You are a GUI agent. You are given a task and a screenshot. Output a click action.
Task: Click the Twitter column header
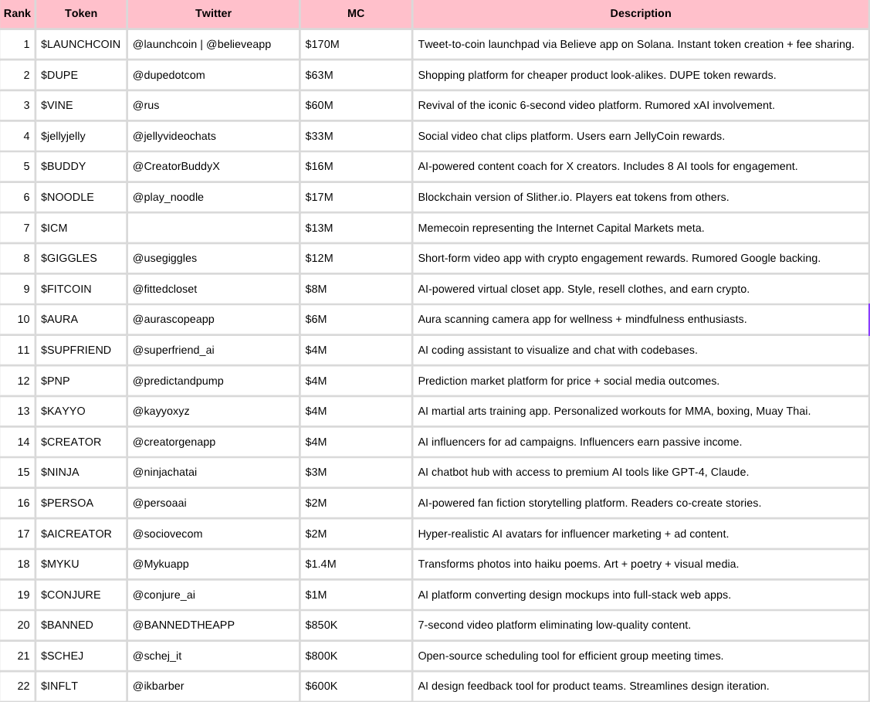(213, 13)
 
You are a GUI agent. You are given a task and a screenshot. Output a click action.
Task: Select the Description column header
(640, 13)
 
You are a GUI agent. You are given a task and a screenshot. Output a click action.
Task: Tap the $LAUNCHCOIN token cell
(80, 44)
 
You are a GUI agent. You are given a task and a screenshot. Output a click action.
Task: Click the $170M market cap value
(322, 44)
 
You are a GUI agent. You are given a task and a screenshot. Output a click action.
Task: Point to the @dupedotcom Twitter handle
(169, 75)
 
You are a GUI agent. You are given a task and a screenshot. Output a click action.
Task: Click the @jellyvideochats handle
(174, 136)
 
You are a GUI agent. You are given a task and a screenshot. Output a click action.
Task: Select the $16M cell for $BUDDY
(319, 166)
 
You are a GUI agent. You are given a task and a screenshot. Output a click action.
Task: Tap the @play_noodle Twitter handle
(168, 197)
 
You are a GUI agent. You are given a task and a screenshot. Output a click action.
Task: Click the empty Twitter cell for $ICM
(213, 228)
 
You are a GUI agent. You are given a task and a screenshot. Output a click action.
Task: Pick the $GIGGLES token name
(69, 258)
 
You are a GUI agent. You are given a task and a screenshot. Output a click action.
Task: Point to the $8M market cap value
(316, 289)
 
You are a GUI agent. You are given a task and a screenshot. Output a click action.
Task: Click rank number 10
(23, 319)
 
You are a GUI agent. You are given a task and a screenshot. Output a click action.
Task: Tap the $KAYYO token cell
(63, 411)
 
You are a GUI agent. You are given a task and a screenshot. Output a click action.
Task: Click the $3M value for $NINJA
(316, 472)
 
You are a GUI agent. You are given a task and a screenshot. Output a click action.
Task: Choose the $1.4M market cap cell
(320, 564)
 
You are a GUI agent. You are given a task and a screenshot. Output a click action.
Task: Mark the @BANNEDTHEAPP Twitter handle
(184, 625)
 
